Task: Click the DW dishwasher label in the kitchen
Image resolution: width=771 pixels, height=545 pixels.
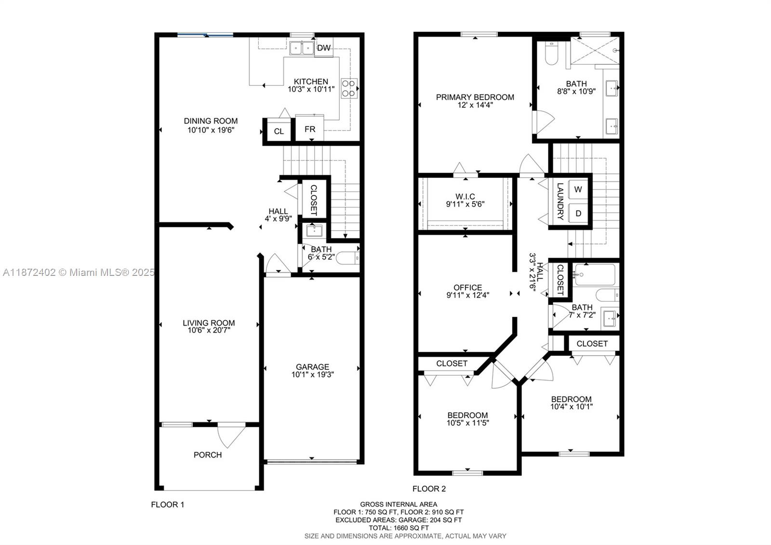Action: [324, 48]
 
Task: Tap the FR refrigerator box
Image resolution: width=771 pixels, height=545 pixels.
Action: [309, 129]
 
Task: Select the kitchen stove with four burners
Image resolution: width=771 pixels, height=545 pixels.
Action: [349, 88]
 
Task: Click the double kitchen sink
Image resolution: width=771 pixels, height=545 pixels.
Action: [302, 48]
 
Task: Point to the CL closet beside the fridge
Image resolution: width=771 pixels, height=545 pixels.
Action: [279, 131]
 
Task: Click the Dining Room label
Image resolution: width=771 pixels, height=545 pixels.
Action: [211, 121]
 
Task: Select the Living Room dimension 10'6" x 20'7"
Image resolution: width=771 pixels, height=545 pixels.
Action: [209, 330]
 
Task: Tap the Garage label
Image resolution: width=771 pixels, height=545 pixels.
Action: [312, 367]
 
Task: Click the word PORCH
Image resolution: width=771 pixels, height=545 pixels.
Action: [208, 455]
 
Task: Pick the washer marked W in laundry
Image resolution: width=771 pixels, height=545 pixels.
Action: [578, 190]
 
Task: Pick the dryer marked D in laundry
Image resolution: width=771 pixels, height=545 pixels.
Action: [578, 213]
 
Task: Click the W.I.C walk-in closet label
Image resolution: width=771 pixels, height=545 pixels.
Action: [465, 196]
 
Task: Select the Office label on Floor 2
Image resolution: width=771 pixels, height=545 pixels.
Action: [467, 287]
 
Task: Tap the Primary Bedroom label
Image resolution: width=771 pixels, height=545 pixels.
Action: [475, 97]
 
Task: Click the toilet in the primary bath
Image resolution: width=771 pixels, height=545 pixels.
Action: [551, 54]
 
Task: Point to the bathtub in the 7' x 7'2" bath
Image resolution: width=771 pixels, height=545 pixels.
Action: [595, 274]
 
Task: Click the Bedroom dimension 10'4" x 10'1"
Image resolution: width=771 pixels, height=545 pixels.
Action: [572, 407]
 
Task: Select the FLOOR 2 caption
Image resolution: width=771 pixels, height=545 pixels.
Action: [429, 489]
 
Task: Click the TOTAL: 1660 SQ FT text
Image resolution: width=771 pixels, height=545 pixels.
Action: [399, 528]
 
